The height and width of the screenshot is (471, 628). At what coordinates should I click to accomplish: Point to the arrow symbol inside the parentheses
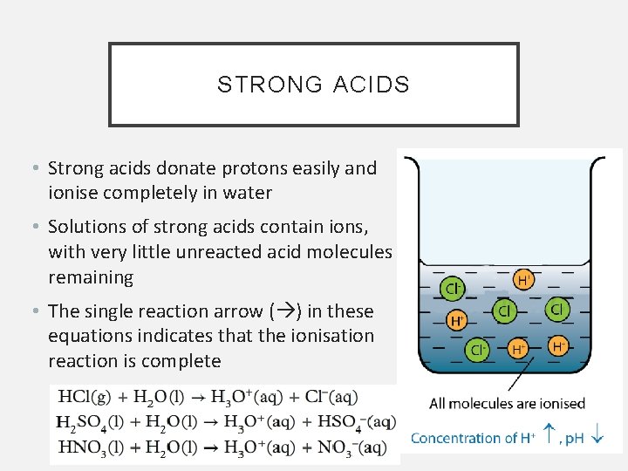pyautogui.click(x=285, y=311)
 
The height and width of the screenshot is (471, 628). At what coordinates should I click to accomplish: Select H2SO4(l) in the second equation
pyautogui.click(x=88, y=423)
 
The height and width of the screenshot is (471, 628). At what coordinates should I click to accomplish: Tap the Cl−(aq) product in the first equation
pyautogui.click(x=331, y=398)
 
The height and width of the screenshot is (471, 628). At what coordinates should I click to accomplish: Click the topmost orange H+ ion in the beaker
pyautogui.click(x=523, y=280)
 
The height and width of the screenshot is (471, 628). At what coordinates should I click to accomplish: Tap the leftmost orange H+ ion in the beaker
pyautogui.click(x=456, y=320)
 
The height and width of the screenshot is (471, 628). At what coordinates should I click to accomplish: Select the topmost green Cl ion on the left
pyautogui.click(x=453, y=287)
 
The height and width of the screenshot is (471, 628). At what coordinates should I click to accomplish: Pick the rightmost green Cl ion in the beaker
pyautogui.click(x=556, y=310)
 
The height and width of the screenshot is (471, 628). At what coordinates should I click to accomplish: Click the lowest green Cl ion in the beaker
pyautogui.click(x=477, y=350)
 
